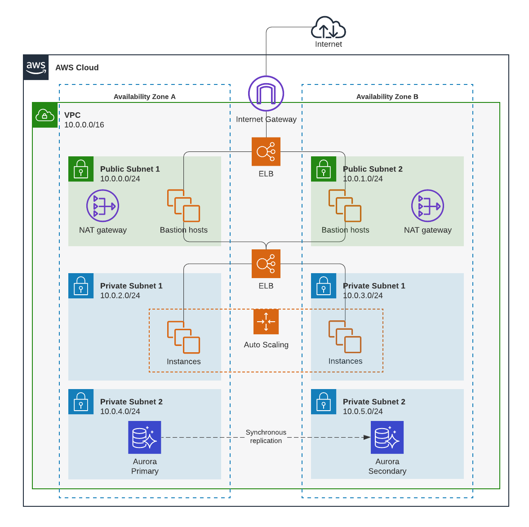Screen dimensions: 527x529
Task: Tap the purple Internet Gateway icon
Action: tap(266, 93)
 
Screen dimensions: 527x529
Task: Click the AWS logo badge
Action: tap(36, 67)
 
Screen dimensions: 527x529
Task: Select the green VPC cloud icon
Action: tap(45, 115)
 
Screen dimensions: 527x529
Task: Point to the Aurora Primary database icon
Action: tap(145, 437)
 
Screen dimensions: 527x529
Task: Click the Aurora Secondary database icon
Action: tap(387, 437)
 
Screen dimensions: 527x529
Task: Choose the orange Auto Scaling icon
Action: tap(266, 322)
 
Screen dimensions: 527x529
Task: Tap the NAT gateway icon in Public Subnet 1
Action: tap(103, 206)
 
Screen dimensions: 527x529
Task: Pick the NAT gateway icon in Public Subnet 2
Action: tap(427, 206)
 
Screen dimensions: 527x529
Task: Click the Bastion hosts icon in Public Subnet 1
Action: tap(183, 205)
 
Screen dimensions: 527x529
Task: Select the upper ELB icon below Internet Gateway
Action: tap(266, 151)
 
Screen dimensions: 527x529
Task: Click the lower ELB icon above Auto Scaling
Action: tap(266, 264)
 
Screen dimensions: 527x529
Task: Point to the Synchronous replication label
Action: tap(266, 436)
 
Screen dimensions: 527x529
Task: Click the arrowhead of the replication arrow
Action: tap(367, 437)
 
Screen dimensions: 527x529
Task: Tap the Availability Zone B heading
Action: tap(387, 97)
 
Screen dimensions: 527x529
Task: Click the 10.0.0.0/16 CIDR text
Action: tap(84, 125)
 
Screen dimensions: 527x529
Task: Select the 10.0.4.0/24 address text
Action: tap(120, 412)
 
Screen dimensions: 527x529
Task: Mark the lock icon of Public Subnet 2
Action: tap(324, 169)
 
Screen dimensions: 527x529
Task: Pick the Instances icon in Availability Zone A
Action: tap(183, 337)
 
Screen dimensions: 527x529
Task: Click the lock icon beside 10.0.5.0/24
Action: tap(324, 402)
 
